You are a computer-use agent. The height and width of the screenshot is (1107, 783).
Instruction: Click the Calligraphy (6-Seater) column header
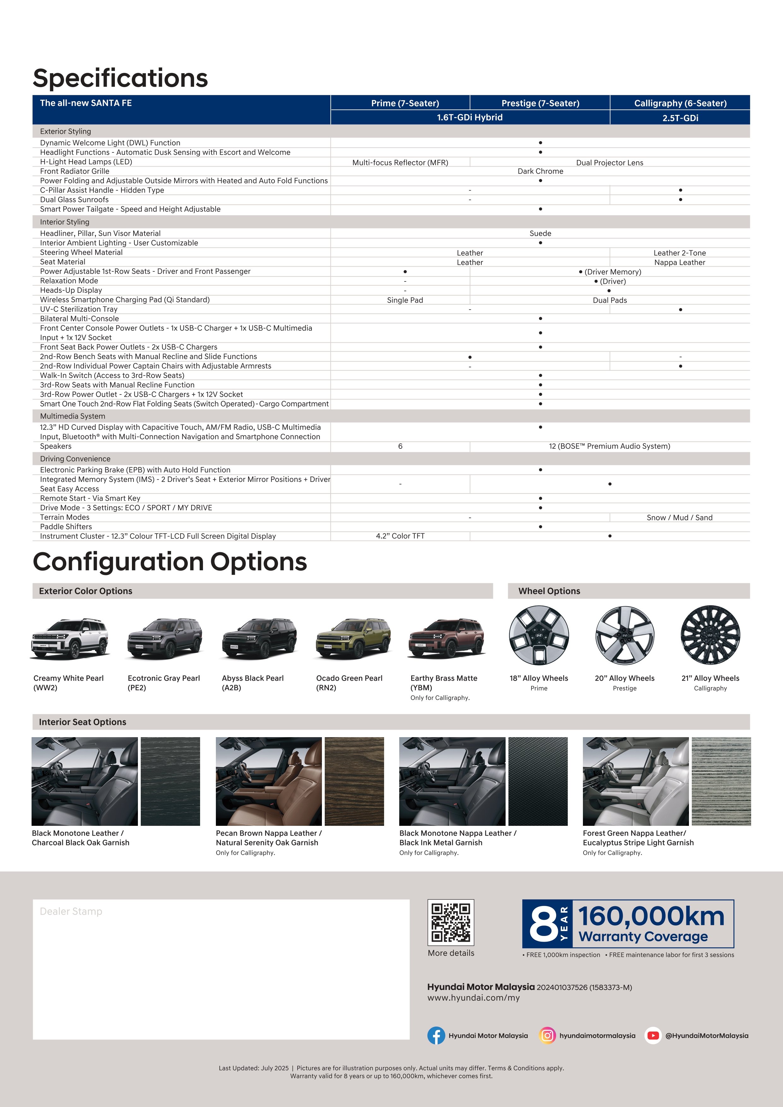click(680, 103)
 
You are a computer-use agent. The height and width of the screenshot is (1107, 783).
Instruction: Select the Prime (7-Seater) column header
click(405, 103)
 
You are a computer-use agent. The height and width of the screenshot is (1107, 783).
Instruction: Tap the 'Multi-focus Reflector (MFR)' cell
click(400, 163)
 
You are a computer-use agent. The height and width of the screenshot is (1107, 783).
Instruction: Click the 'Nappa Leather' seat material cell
click(679, 262)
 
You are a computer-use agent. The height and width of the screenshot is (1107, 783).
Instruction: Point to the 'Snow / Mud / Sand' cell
click(679, 517)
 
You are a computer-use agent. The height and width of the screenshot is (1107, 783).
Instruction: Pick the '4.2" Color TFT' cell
click(400, 536)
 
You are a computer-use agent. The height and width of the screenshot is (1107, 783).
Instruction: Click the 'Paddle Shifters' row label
click(66, 526)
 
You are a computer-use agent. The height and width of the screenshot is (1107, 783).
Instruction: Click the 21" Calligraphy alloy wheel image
click(710, 635)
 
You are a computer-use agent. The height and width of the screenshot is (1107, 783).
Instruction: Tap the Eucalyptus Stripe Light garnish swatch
click(721, 781)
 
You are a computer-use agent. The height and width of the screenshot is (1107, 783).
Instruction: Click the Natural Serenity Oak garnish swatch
click(354, 781)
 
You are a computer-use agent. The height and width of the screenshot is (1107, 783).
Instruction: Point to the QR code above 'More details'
click(451, 922)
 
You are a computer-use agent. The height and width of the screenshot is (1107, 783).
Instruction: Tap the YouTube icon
click(653, 1035)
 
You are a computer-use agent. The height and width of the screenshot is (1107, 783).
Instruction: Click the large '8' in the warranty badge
click(543, 924)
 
